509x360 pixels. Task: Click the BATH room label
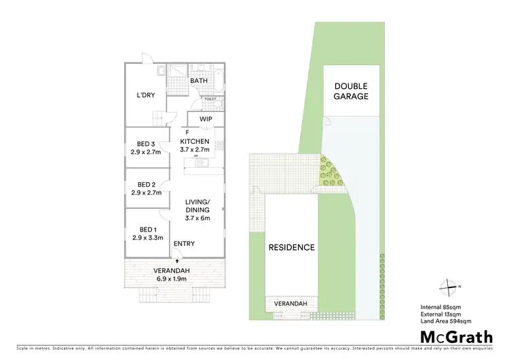click(199, 81)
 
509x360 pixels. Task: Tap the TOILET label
click(210, 99)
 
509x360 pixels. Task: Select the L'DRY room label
click(146, 95)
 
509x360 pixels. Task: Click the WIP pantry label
click(206, 120)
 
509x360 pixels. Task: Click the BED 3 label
click(147, 143)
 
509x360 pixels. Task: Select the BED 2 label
click(147, 184)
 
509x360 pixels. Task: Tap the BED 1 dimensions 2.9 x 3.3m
click(147, 238)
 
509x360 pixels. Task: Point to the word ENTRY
click(184, 244)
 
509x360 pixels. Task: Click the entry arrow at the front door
click(177, 259)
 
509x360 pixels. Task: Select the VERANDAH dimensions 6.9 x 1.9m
click(174, 278)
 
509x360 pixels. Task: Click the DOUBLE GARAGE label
click(351, 91)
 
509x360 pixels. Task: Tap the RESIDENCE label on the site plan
click(291, 247)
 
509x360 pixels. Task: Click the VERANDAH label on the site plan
click(290, 303)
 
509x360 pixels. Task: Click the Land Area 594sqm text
click(447, 321)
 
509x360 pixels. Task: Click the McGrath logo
click(455, 336)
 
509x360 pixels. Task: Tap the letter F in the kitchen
click(187, 132)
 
